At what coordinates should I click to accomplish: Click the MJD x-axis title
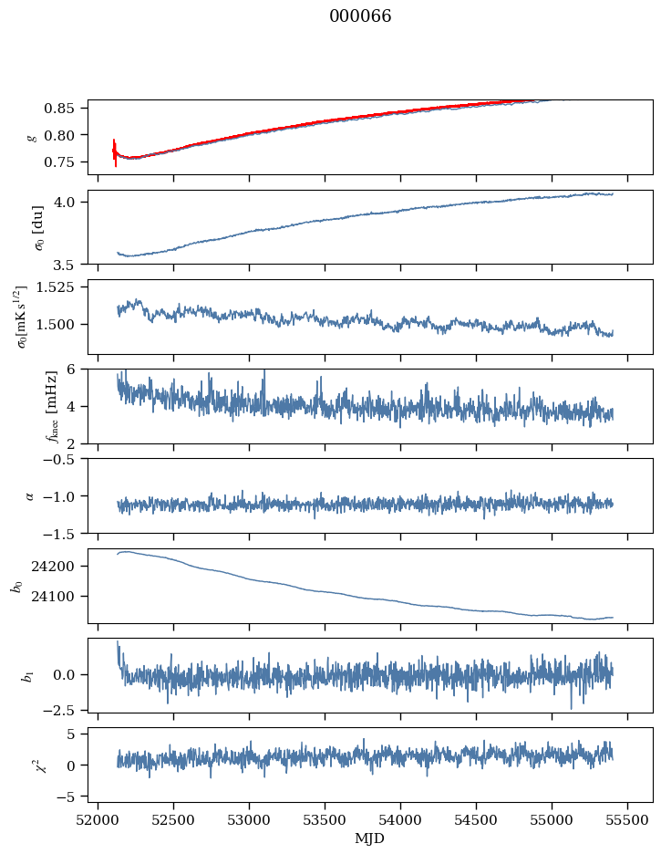tap(370, 838)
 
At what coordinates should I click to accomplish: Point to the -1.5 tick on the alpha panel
tap(67, 533)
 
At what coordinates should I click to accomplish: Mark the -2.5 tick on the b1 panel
tap(67, 709)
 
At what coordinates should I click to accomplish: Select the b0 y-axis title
tap(15, 585)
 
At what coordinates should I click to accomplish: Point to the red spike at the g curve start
tap(115, 151)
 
